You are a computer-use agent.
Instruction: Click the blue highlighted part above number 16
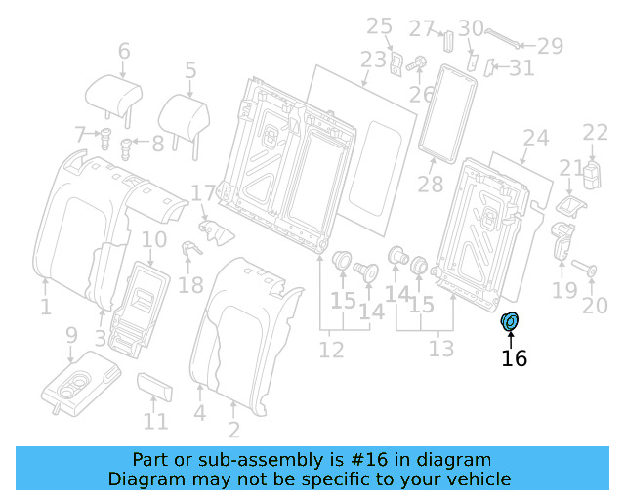pyautogui.click(x=511, y=322)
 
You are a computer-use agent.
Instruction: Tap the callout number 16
pyautogui.click(x=514, y=358)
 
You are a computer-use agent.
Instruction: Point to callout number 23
pyautogui.click(x=373, y=61)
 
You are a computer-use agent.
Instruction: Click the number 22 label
pyautogui.click(x=595, y=133)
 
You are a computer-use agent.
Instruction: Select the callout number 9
pyautogui.click(x=71, y=335)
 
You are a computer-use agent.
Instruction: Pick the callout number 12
pyautogui.click(x=332, y=349)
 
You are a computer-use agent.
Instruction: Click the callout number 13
pyautogui.click(x=441, y=349)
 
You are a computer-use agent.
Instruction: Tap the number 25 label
pyautogui.click(x=379, y=25)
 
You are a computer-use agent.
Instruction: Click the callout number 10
pyautogui.click(x=154, y=240)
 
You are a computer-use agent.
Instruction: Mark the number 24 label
pyautogui.click(x=536, y=138)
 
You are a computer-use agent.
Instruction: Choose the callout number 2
pyautogui.click(x=234, y=429)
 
